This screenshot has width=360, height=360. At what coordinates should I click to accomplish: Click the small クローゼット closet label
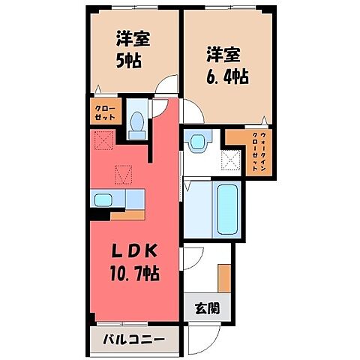click(x=104, y=112)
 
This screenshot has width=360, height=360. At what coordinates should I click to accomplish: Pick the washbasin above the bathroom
click(x=197, y=141)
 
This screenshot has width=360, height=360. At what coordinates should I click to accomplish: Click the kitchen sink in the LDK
click(x=103, y=198)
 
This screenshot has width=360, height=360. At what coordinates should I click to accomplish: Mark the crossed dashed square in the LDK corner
click(x=102, y=139)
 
